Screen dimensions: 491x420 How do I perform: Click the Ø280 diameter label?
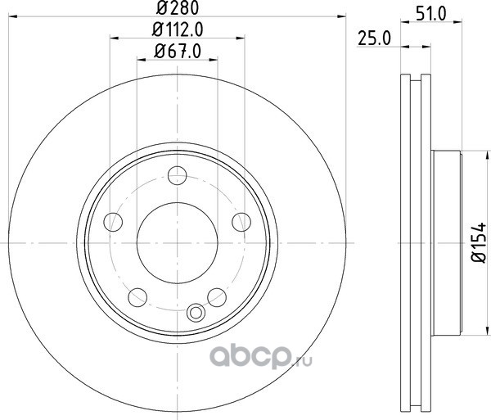point(178,8)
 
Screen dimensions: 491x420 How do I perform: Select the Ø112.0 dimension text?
point(178,29)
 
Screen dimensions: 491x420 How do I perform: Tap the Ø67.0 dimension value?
point(178,51)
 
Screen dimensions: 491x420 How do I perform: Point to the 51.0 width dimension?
point(431,14)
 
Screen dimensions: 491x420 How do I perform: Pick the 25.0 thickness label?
point(374,38)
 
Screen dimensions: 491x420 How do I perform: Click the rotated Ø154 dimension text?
point(479,243)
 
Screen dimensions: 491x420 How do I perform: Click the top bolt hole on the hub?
point(178,175)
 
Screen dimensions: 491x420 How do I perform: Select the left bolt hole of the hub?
point(113,222)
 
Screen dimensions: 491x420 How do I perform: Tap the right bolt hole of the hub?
point(241,222)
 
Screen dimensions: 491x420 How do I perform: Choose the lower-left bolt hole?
point(137,297)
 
